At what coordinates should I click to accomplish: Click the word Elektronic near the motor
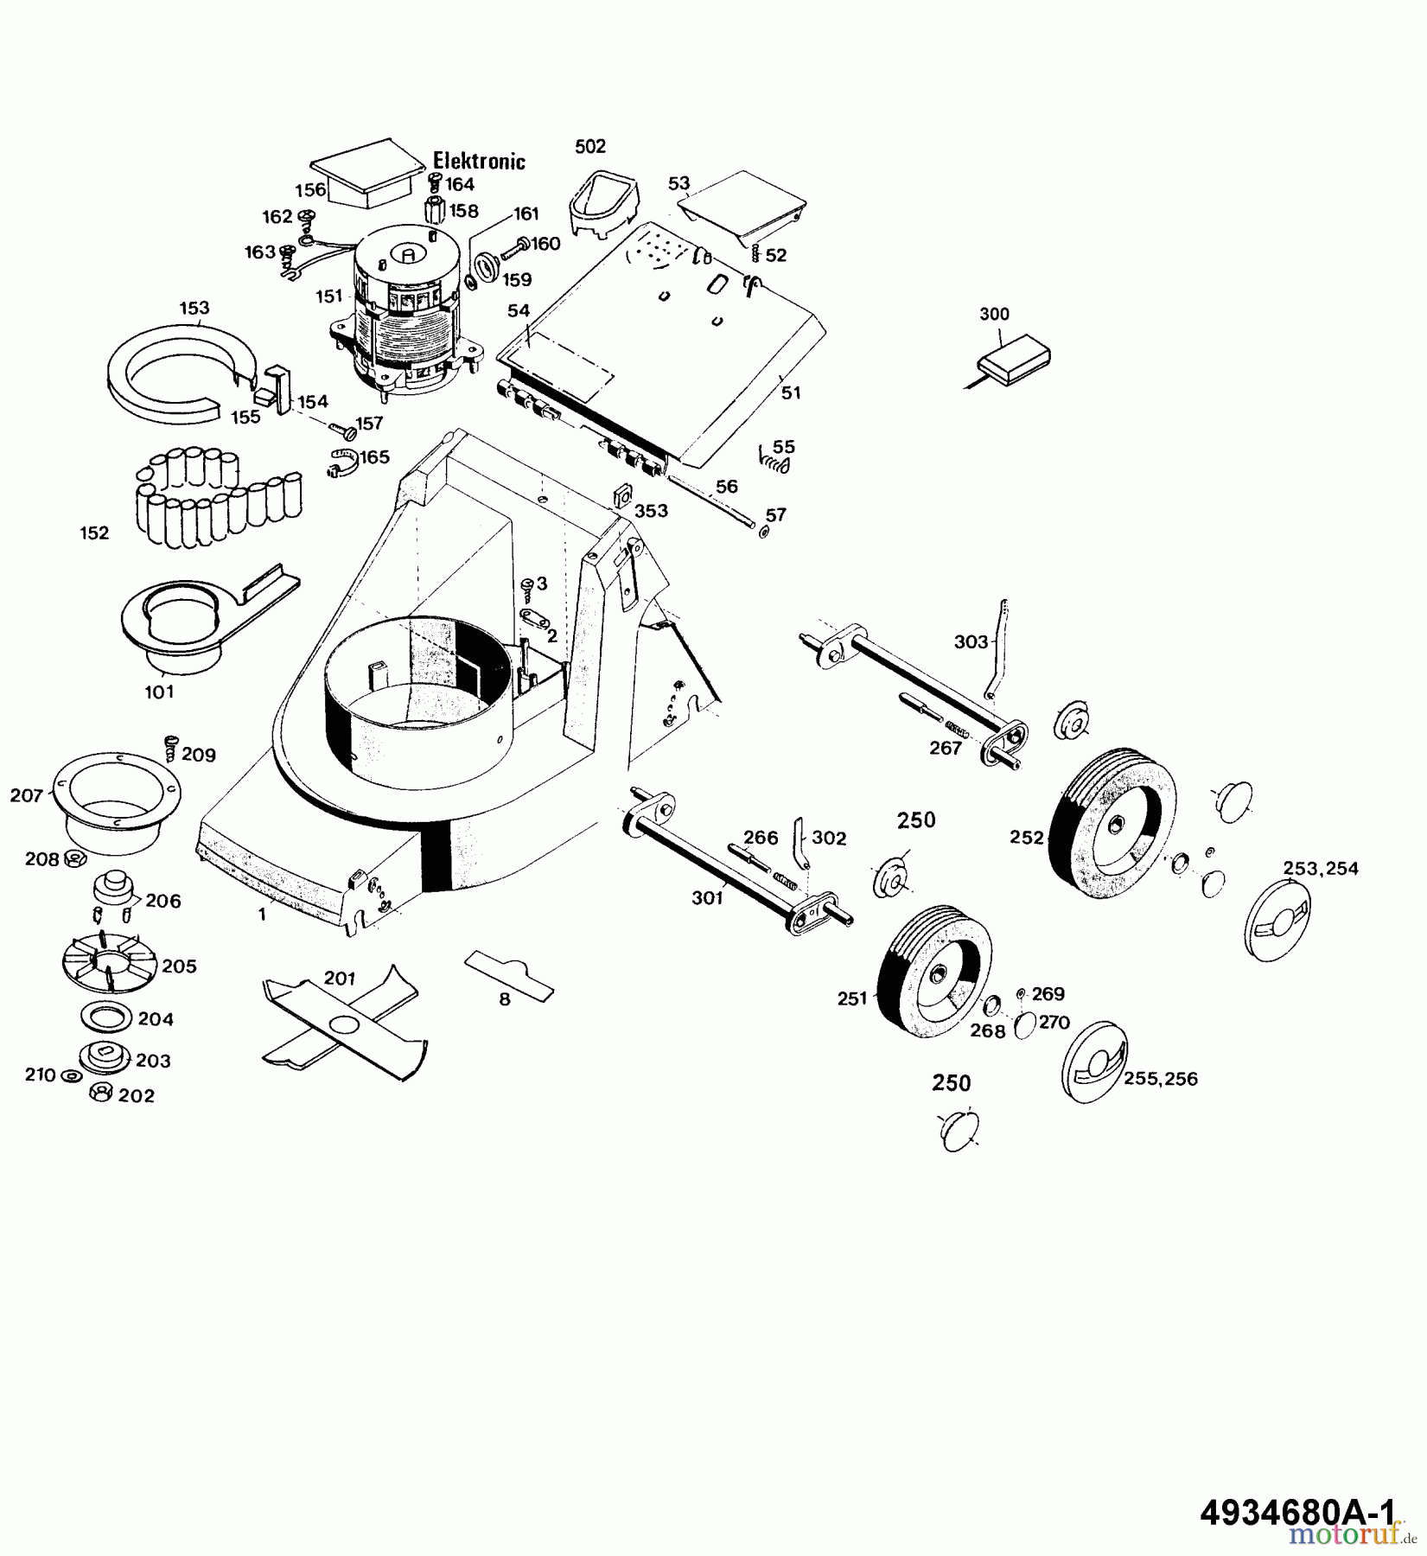pyautogui.click(x=479, y=161)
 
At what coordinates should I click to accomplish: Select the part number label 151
pyautogui.click(x=329, y=297)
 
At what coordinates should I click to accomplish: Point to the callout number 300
pyautogui.click(x=994, y=314)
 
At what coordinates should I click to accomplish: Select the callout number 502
pyautogui.click(x=590, y=146)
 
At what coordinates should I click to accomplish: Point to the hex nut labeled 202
pyautogui.click(x=100, y=1093)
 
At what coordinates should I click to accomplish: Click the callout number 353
pyautogui.click(x=651, y=511)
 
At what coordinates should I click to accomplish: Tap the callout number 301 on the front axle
pyautogui.click(x=707, y=899)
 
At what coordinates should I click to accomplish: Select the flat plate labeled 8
pyautogui.click(x=509, y=975)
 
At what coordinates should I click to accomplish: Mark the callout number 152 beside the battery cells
pyautogui.click(x=94, y=532)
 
